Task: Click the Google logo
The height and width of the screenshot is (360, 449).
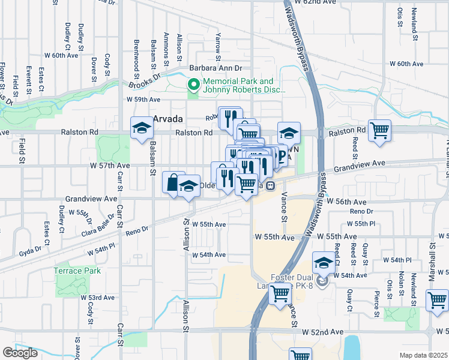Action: click(x=20, y=353)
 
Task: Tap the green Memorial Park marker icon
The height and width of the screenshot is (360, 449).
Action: click(x=194, y=86)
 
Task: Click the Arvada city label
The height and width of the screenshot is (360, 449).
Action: click(x=167, y=119)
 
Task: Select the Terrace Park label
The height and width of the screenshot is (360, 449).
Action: click(x=77, y=271)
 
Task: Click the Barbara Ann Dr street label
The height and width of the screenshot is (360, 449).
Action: click(x=215, y=69)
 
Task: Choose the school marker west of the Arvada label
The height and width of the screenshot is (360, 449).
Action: click(x=142, y=127)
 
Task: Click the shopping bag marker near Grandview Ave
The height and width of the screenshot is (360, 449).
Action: click(x=172, y=182)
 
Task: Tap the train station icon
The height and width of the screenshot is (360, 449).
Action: click(x=271, y=185)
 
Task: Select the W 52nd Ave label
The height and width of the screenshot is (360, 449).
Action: click(x=322, y=332)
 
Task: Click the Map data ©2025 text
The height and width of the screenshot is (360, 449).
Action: click(x=423, y=355)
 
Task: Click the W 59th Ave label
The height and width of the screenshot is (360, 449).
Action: click(x=143, y=100)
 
